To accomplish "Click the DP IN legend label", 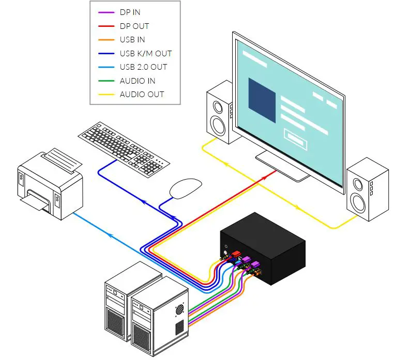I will coord(130,12).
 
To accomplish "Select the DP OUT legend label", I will coord(134,26).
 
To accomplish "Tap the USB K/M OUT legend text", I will coord(145,53).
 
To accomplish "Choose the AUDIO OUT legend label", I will coord(142,94).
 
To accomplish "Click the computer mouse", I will coord(185,188).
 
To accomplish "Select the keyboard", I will coord(124,144).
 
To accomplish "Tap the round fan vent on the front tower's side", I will coord(179,308).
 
